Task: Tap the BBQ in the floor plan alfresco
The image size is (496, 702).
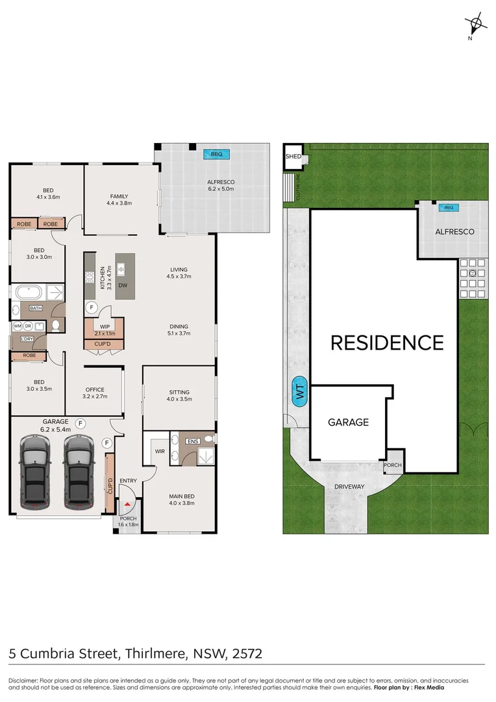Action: [x=216, y=154]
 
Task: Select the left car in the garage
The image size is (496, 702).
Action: [x=35, y=471]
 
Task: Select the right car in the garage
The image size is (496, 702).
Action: [x=79, y=471]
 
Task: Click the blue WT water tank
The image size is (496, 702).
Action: [x=300, y=392]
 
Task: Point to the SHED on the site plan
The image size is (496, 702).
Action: [x=293, y=157]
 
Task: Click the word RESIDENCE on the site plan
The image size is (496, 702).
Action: [x=387, y=343]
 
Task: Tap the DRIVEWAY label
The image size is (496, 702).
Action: [x=350, y=486]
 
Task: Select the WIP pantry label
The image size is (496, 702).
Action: [x=104, y=327]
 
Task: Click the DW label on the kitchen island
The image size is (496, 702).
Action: [x=123, y=284]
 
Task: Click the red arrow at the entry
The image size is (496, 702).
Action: [x=129, y=502]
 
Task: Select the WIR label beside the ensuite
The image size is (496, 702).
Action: [x=158, y=450]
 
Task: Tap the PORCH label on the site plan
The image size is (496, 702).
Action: [x=393, y=465]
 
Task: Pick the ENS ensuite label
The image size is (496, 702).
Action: [x=192, y=441]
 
